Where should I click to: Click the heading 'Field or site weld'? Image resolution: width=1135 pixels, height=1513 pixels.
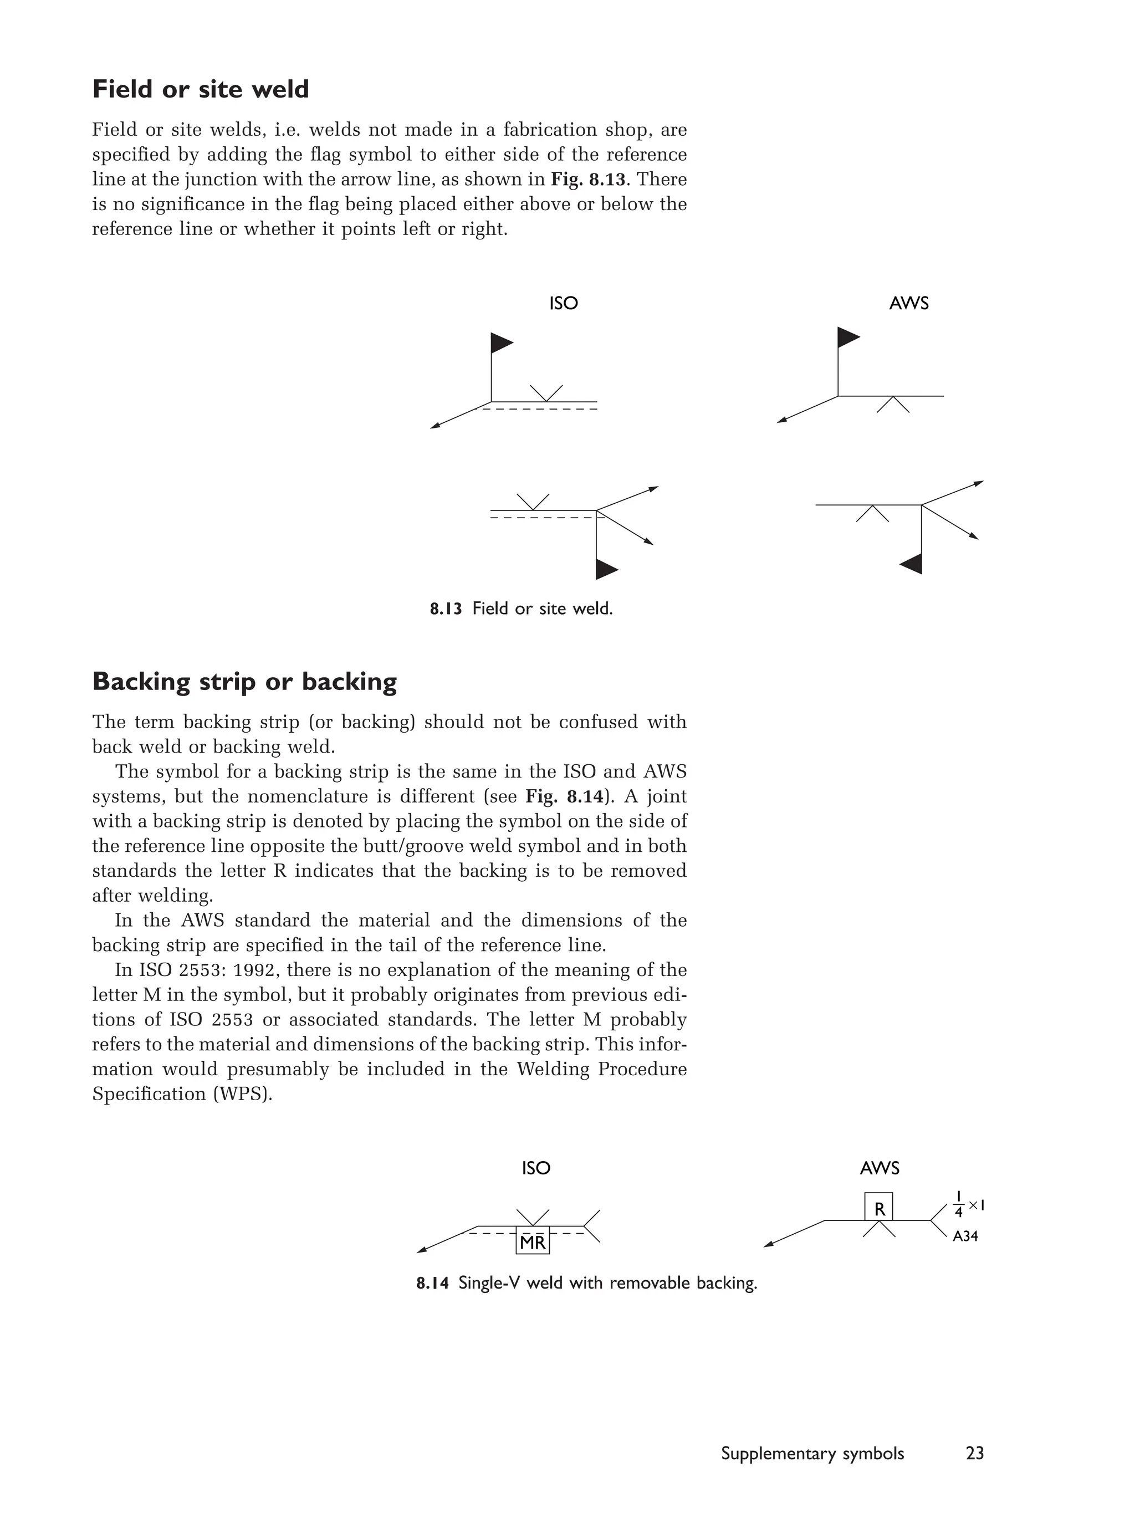pos(201,90)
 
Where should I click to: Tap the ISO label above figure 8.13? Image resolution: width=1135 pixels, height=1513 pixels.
pos(563,304)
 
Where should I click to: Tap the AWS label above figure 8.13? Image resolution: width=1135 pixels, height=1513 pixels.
pos(908,304)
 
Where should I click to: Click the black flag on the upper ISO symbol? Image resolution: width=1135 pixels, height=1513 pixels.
pos(500,343)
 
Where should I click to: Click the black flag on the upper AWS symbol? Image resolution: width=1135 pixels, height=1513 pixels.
pos(847,337)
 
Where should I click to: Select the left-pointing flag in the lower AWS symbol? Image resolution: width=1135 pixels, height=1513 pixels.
pos(913,564)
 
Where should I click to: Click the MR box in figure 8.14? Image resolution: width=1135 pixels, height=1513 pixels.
pos(532,1243)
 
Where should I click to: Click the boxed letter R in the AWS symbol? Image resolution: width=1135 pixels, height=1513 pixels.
pos(879,1209)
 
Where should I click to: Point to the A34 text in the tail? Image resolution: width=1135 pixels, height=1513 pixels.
pos(965,1236)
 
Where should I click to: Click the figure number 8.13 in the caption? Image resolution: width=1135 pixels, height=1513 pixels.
pos(446,609)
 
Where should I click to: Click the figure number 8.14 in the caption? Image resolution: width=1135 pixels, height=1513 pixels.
pos(432,1283)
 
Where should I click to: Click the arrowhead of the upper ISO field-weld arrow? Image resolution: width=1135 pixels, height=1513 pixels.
pos(434,427)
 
